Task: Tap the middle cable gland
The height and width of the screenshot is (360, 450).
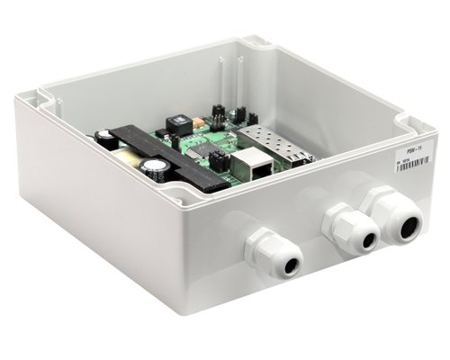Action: point(352,230)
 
